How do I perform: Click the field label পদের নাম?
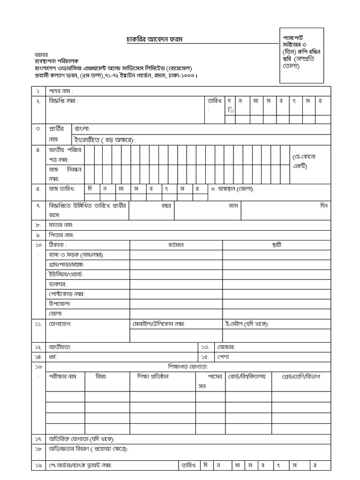tap(61, 90)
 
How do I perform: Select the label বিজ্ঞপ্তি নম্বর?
tap(64, 101)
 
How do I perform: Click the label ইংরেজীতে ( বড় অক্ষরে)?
tap(108, 140)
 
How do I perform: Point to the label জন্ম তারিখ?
tap(63, 189)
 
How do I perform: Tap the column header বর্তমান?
tap(176, 245)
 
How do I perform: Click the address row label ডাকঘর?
tap(58, 284)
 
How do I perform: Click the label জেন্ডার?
tap(225, 347)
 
